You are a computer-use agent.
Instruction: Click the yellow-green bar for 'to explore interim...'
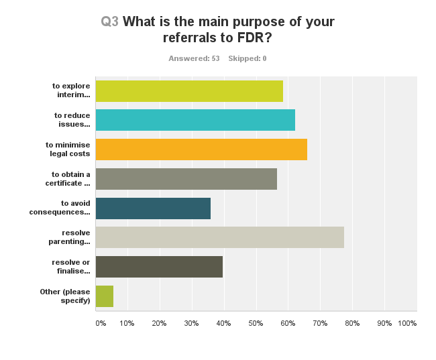tap(189, 91)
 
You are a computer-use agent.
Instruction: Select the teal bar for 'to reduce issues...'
tap(195, 120)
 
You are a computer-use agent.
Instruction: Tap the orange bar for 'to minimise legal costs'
tap(201, 149)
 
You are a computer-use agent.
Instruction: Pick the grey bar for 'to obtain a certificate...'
tap(186, 179)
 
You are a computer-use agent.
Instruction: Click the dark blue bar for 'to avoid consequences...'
tap(153, 208)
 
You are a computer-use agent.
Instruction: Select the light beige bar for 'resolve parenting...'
tap(220, 237)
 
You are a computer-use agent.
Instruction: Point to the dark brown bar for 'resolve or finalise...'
tap(159, 267)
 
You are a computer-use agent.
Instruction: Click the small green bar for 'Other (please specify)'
tap(105, 296)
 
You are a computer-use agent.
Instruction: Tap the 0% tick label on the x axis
tap(101, 323)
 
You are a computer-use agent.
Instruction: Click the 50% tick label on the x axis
tap(256, 323)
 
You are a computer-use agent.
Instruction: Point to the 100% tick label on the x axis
tap(407, 323)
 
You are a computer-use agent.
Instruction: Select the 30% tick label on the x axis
tap(191, 323)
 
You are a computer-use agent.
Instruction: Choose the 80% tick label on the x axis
tap(352, 323)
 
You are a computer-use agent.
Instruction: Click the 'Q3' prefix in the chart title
tap(110, 21)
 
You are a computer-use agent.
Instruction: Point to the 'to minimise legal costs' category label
tap(68, 149)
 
